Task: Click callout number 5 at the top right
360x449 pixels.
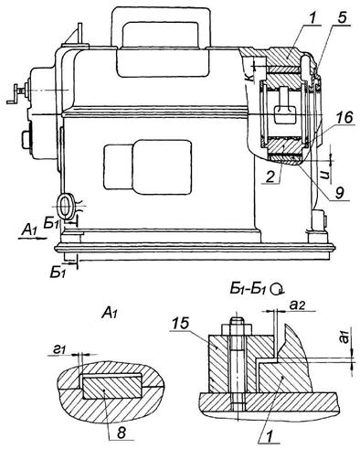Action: point(342,18)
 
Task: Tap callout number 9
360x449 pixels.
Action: point(339,193)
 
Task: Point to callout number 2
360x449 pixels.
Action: point(270,177)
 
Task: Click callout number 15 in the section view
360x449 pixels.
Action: point(181,324)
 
